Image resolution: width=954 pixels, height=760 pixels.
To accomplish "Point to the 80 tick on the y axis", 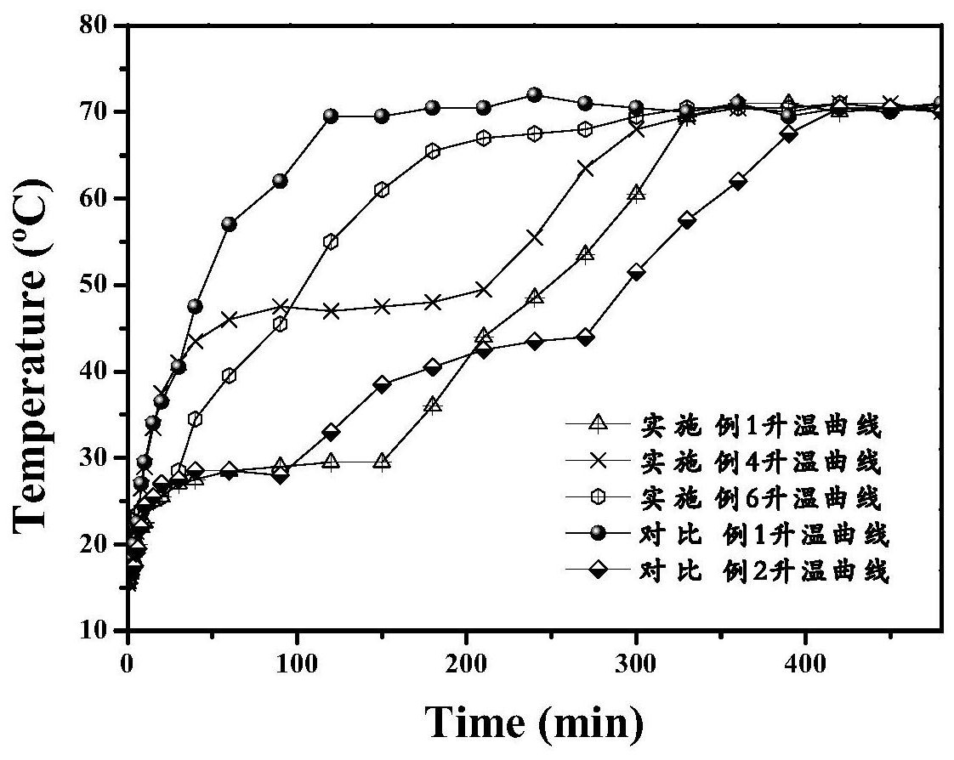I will tap(99, 26).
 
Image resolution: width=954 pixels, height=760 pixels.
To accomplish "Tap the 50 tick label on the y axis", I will tap(99, 286).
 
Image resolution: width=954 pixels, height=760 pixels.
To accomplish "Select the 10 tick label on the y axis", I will tap(99, 631).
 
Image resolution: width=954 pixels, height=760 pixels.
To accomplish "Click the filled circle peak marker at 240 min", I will tap(534, 94).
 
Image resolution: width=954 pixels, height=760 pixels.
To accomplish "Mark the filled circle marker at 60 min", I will tap(229, 224).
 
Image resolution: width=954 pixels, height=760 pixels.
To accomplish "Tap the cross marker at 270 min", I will tap(585, 167).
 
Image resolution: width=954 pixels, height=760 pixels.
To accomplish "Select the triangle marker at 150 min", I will tap(382, 462).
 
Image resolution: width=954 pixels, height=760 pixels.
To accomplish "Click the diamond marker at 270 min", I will tap(585, 337).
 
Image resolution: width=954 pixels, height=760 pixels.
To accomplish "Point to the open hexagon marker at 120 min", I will tap(331, 241).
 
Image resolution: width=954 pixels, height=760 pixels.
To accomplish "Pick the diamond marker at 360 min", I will tap(738, 181).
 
